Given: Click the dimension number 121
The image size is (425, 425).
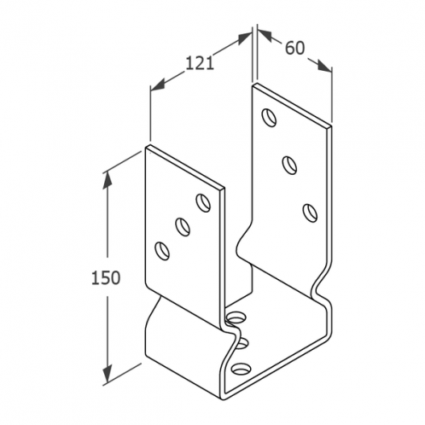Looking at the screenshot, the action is point(200,63).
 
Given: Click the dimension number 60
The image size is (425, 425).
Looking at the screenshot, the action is point(294,48).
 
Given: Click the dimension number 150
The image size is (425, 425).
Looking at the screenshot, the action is point(106,277).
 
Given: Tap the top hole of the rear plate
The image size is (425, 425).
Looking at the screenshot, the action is point(269,118).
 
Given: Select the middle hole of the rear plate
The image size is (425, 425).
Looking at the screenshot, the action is point(289,166).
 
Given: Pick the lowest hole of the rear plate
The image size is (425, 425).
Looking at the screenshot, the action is point(310,212).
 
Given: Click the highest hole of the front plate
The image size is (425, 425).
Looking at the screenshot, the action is point(203,202).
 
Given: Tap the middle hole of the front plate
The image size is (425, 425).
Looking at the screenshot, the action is point(183,226).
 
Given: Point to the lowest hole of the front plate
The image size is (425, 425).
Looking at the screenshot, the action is point(162,251).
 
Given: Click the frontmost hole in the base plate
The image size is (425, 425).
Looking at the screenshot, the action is point(242,369).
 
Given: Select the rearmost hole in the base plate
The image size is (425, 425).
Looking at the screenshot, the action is point(236,317).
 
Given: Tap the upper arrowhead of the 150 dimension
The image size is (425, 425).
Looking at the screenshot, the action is point(108,179).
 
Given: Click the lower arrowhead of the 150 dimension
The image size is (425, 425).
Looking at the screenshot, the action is point(108,374).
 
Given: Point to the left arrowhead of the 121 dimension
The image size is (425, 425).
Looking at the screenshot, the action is point(158,85).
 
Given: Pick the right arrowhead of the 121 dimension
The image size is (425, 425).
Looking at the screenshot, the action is point(245,38).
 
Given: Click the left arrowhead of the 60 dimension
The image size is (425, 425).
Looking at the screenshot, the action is point(265,35).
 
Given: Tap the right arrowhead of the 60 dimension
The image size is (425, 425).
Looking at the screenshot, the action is point(324,66).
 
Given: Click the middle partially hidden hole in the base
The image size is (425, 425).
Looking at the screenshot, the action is point(242,343).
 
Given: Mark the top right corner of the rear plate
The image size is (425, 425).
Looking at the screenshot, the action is point(331,125).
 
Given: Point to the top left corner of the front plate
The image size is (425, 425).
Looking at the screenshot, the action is point(146,148).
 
